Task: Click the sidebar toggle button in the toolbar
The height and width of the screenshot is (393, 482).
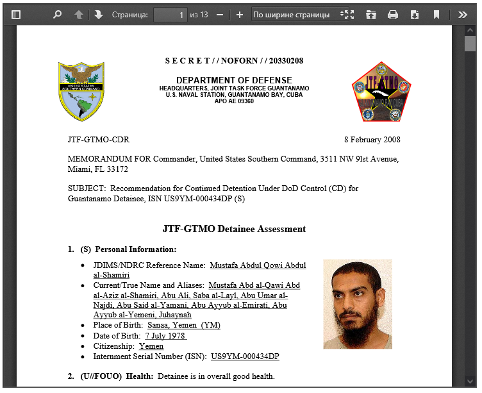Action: click(x=16, y=15)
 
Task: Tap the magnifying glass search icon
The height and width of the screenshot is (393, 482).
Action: click(x=57, y=15)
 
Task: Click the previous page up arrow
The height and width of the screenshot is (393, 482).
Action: click(x=78, y=15)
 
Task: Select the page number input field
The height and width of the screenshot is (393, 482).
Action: click(x=170, y=15)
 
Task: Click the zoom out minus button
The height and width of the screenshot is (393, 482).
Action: click(x=220, y=15)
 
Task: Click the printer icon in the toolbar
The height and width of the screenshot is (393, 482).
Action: click(x=393, y=15)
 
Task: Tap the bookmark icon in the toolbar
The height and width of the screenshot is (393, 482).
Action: click(x=436, y=15)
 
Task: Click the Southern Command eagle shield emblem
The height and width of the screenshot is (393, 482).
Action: click(x=81, y=91)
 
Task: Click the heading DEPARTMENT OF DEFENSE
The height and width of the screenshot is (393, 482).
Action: click(x=234, y=80)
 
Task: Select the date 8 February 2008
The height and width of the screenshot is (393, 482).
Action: click(x=372, y=140)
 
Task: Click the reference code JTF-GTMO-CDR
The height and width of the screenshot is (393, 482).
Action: click(x=98, y=140)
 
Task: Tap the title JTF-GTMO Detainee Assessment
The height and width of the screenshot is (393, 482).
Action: click(x=234, y=229)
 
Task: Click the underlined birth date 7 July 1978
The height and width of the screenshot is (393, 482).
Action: click(x=165, y=336)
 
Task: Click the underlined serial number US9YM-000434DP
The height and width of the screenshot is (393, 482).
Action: click(x=245, y=356)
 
